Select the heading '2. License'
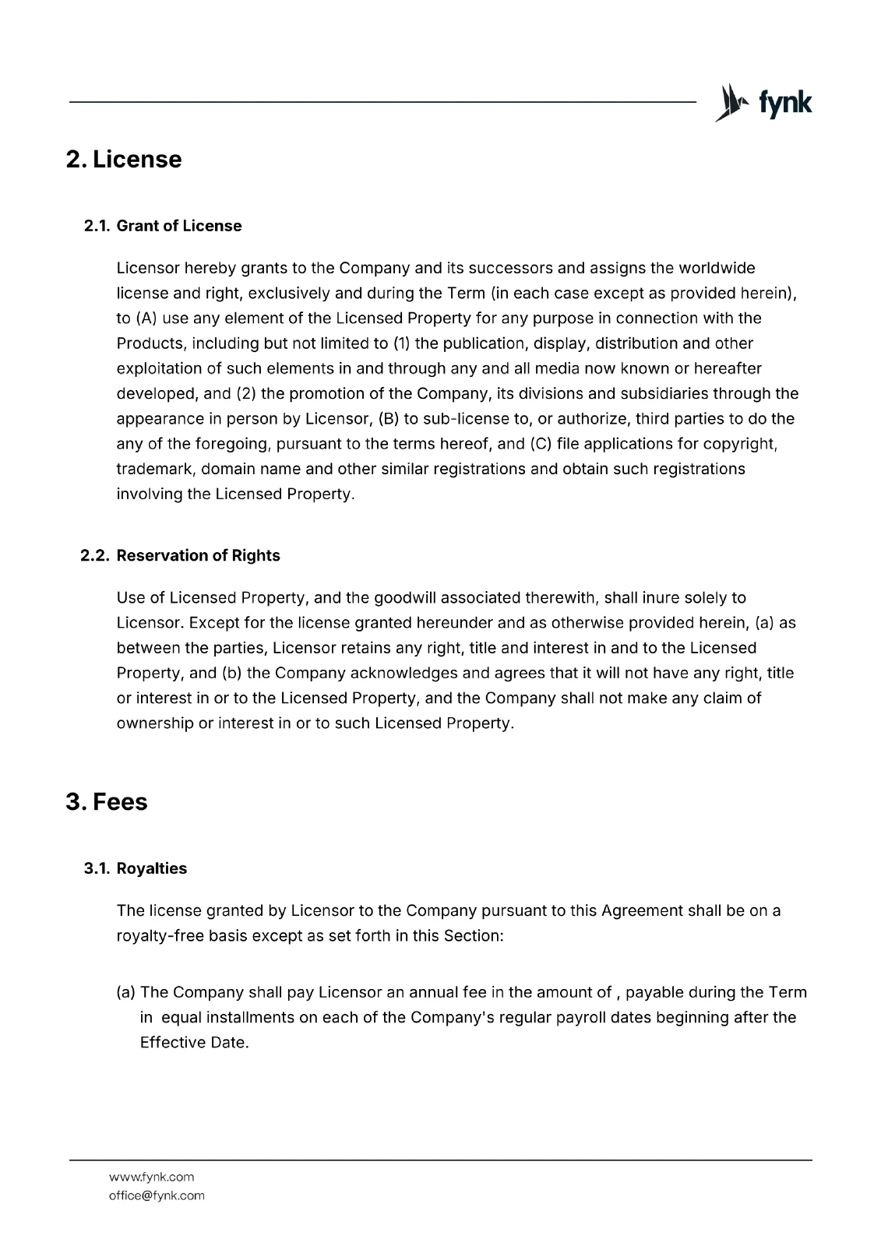124,160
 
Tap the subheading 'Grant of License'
179,226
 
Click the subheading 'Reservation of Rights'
198,555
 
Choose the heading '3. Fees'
107,802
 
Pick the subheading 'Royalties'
152,868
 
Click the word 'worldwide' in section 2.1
717,269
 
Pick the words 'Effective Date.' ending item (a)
194,1043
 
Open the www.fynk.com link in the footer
151,1177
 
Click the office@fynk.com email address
157,1195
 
